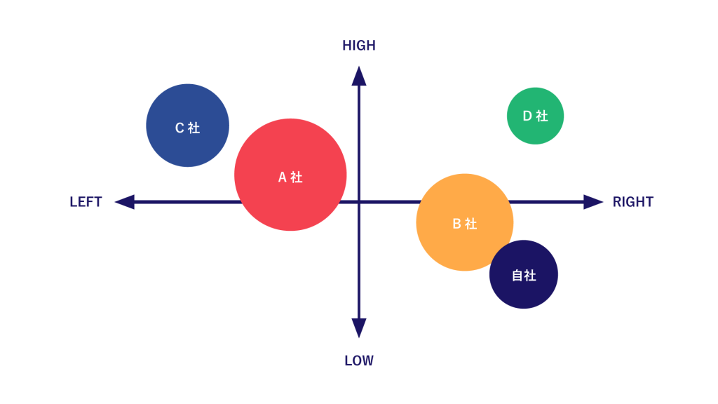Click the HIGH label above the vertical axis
click(359, 46)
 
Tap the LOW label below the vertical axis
click(359, 361)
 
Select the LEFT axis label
click(86, 202)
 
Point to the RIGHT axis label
click(633, 202)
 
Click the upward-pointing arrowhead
click(359, 76)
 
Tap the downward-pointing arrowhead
click(359, 328)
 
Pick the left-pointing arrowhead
click(125, 202)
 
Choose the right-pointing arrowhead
click(593, 202)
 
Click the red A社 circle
click(290, 175)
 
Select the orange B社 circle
click(464, 222)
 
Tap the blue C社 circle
click(188, 125)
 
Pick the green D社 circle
click(535, 116)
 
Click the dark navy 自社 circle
click(523, 274)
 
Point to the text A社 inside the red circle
click(290, 177)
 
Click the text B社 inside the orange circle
click(465, 224)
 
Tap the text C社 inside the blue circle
click(188, 128)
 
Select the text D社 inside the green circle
click(536, 116)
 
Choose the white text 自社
click(524, 276)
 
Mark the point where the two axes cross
click(359, 202)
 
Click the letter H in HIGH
click(346, 46)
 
